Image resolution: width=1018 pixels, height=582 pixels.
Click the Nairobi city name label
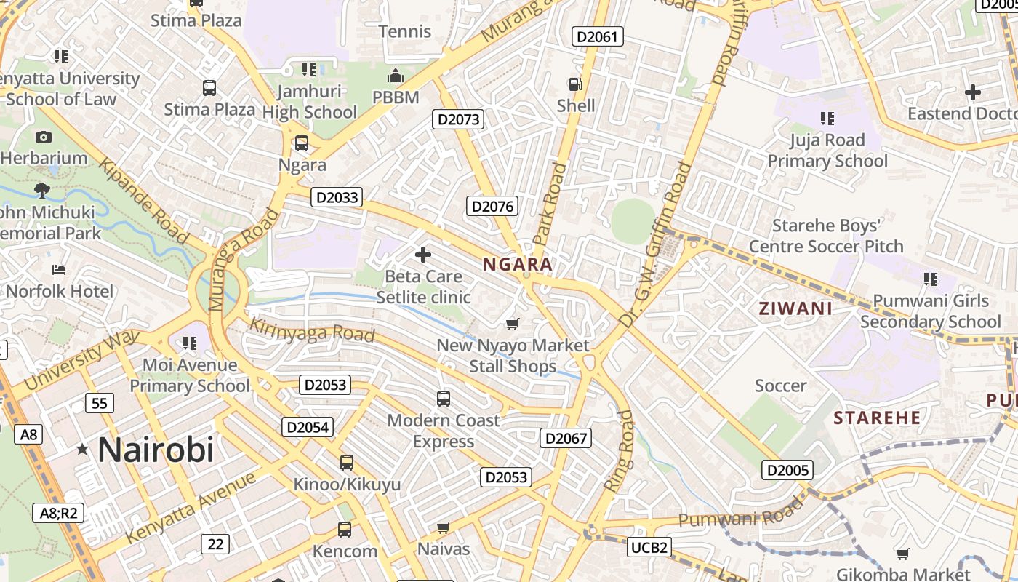(156, 450)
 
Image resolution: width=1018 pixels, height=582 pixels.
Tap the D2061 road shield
(598, 36)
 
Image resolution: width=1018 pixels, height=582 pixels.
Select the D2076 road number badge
(492, 207)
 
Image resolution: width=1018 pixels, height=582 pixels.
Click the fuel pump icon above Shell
(575, 84)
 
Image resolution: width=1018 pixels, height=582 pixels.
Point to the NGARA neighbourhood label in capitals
(518, 265)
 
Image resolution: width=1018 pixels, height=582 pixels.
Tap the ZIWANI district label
(795, 308)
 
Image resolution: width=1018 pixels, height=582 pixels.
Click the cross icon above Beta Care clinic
(423, 255)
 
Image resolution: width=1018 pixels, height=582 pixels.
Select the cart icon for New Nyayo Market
(513, 324)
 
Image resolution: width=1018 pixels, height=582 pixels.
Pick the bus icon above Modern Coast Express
(443, 399)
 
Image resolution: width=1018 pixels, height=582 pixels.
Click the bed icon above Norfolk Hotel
(59, 271)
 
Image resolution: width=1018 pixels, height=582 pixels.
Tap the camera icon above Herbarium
(43, 137)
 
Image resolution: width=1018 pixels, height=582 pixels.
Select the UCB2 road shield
(649, 547)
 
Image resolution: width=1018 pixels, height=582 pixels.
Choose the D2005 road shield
(787, 470)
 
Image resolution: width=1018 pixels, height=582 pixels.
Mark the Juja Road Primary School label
(827, 151)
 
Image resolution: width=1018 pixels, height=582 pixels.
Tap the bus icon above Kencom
(345, 530)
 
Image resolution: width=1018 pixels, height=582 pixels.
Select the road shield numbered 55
(99, 403)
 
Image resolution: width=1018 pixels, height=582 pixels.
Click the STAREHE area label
(877, 418)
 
